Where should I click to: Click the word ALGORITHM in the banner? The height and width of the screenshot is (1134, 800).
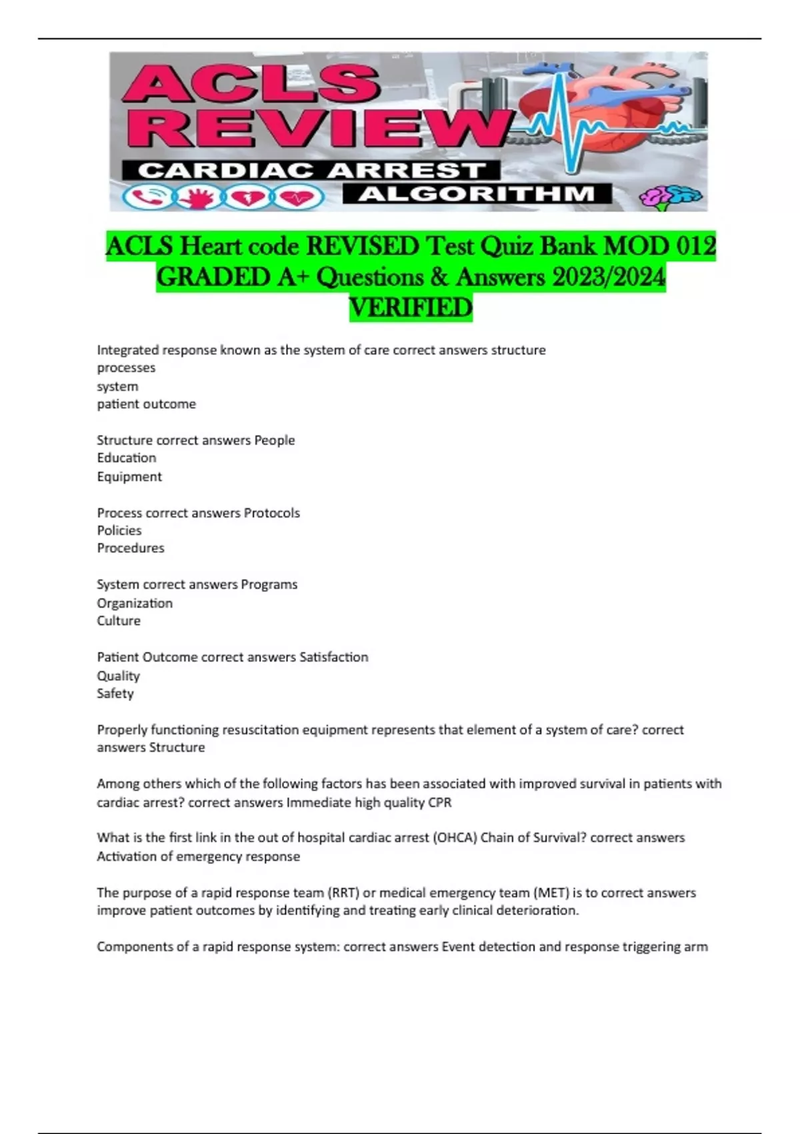click(477, 194)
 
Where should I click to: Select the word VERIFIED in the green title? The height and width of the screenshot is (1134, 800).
click(411, 308)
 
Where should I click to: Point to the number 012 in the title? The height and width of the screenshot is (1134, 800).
click(695, 246)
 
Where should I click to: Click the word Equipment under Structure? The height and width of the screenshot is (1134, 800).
click(129, 476)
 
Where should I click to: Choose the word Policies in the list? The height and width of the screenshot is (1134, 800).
click(119, 530)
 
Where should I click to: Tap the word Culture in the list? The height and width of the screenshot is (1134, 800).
click(119, 620)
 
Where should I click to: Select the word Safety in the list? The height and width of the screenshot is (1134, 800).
click(115, 693)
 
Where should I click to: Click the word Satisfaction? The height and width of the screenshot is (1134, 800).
click(333, 657)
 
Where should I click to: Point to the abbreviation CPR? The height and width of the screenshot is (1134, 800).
click(440, 802)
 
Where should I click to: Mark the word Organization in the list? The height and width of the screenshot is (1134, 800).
click(135, 603)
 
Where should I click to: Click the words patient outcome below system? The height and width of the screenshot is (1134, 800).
click(147, 404)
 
